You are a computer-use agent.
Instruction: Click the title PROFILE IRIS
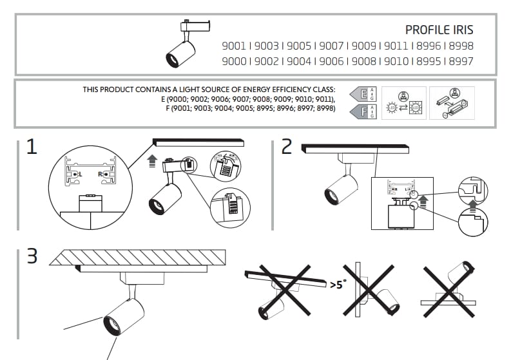pos(439,30)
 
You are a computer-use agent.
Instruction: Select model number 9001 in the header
pos(234,46)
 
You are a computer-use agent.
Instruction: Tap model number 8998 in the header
pos(461,46)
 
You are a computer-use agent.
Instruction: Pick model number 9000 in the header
pos(234,62)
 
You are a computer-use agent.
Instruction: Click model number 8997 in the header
pos(461,62)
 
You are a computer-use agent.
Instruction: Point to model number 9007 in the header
pos(331,46)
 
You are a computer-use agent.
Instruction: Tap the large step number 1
pos(31,147)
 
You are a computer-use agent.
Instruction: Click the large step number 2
pos(287,147)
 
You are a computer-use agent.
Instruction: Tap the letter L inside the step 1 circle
pos(77,174)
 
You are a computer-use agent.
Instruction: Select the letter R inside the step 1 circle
pos(100,174)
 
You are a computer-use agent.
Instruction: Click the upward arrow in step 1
pos(152,160)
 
